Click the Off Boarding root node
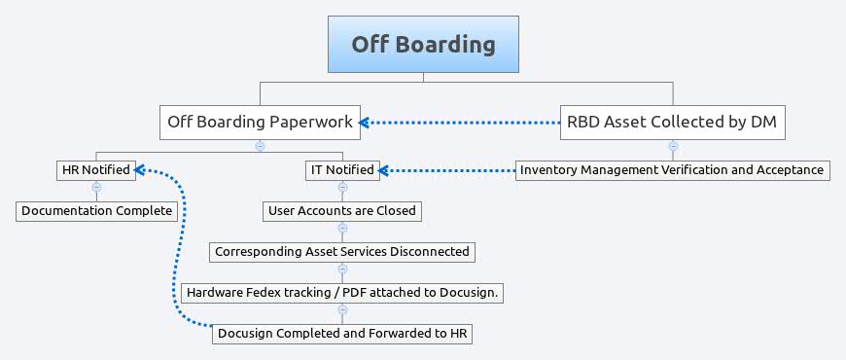pyautogui.click(x=423, y=45)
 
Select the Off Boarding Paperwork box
pyautogui.click(x=260, y=122)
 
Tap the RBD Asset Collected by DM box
pyautogui.click(x=672, y=122)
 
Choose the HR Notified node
pyautogui.click(x=95, y=169)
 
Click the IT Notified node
pyautogui.click(x=341, y=169)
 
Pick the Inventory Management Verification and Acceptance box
pyautogui.click(x=672, y=169)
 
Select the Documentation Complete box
pyautogui.click(x=96, y=210)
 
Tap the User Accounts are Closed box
pyautogui.click(x=341, y=210)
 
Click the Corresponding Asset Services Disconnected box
pyautogui.click(x=341, y=251)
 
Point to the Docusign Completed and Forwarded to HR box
pyautogui.click(x=343, y=334)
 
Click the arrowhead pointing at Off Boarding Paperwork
pyautogui.click(x=364, y=122)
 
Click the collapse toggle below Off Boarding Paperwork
pyautogui.click(x=260, y=146)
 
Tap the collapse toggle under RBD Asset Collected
pyautogui.click(x=672, y=146)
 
